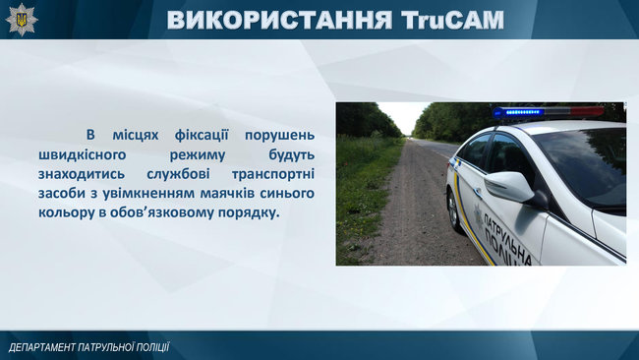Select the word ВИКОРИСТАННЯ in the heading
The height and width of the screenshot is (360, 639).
click(x=281, y=20)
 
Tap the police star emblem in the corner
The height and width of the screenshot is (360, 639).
click(x=21, y=18)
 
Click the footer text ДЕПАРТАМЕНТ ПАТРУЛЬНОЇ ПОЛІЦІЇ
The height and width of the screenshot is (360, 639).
click(x=89, y=347)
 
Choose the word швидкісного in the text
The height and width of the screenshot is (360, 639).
click(x=106, y=154)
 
